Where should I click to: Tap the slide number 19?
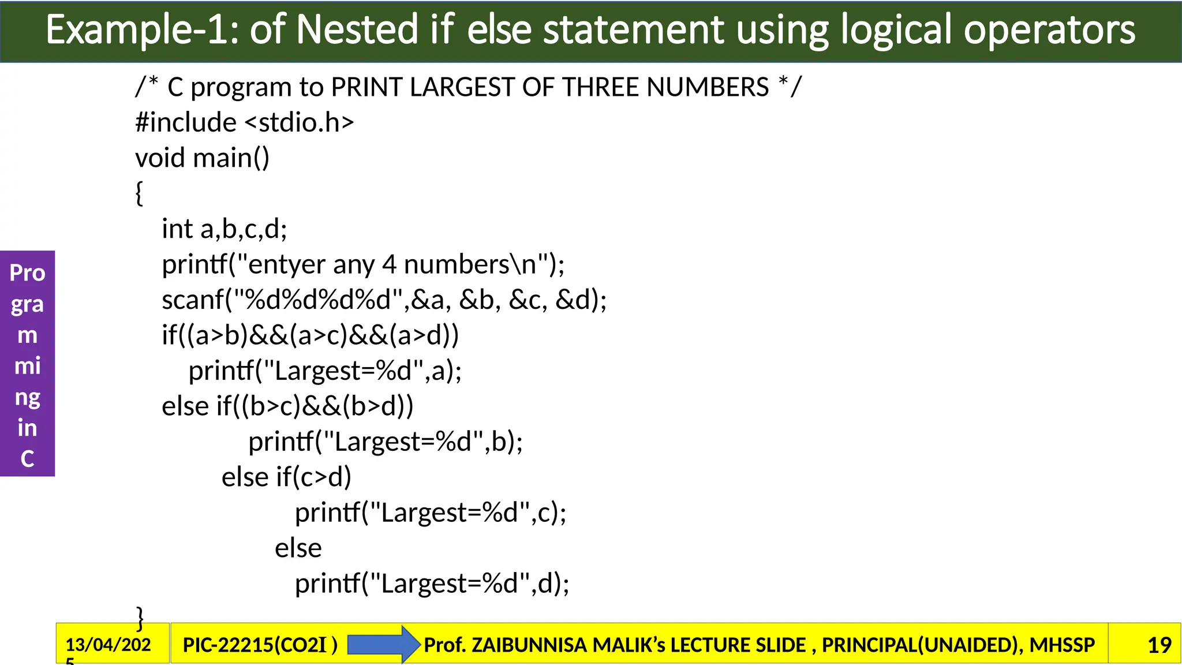pyautogui.click(x=1159, y=645)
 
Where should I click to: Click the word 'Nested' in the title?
pyautogui.click(x=357, y=30)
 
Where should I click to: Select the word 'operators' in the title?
pyautogui.click(x=1049, y=30)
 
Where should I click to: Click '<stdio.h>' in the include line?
pyautogui.click(x=299, y=122)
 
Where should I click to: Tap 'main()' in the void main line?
pyautogui.click(x=231, y=158)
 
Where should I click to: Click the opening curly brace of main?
pyautogui.click(x=139, y=193)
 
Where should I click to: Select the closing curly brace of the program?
pyautogui.click(x=140, y=618)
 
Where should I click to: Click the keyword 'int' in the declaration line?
pyautogui.click(x=177, y=229)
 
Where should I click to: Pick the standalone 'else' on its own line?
pyautogui.click(x=298, y=548)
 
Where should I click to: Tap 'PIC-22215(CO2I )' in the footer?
pyautogui.click(x=260, y=645)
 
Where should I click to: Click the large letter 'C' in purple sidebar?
pyautogui.click(x=27, y=459)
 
